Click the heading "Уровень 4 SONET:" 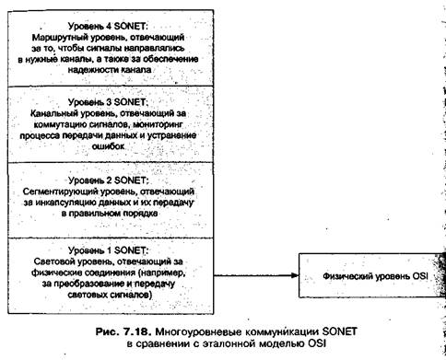click(x=108, y=26)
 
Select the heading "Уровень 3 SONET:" click(x=108, y=102)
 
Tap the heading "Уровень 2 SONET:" click(x=108, y=180)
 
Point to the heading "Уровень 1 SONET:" click(x=108, y=250)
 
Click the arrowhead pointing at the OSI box click(x=295, y=275)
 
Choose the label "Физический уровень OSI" click(x=375, y=276)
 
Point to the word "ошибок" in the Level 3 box click(x=108, y=146)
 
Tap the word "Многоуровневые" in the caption click(x=198, y=331)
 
